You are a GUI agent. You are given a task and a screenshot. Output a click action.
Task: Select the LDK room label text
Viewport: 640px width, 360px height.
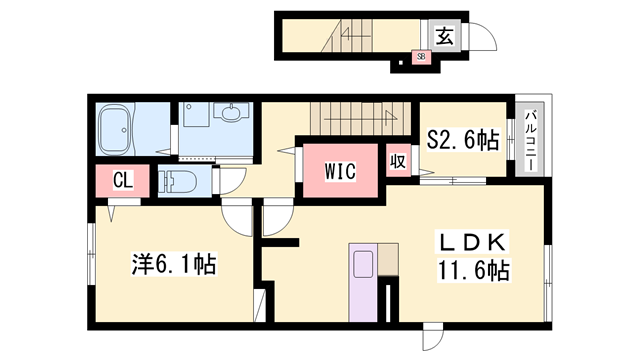coord(473,243)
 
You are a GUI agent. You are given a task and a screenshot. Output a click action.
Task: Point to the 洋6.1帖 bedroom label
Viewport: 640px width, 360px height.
coord(174,265)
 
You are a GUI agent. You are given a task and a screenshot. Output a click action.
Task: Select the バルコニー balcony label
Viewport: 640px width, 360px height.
coord(530,139)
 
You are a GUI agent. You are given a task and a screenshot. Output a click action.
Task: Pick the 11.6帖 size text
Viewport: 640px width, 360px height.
coord(473,271)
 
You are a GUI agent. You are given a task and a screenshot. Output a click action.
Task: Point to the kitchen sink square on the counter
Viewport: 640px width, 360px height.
coord(361,264)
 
